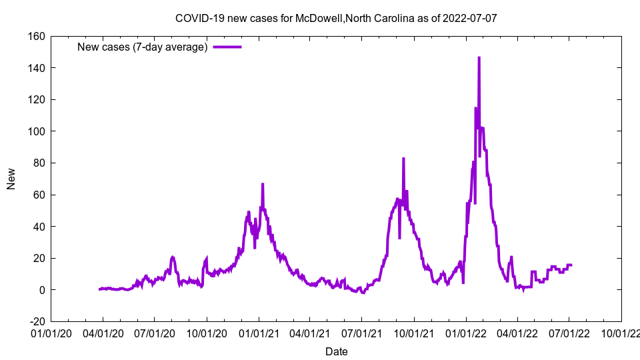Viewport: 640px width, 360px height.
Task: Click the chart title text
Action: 336,18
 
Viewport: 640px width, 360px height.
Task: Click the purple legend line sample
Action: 227,47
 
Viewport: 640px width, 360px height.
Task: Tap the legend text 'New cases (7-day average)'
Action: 143,47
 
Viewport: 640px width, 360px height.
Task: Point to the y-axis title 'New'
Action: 11,179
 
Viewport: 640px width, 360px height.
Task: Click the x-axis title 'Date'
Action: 336,351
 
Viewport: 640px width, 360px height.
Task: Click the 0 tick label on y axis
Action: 41,290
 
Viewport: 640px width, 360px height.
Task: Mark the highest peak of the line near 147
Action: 479,58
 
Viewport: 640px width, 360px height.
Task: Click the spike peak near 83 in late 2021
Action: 403,159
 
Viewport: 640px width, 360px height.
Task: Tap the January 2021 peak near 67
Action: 263,184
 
